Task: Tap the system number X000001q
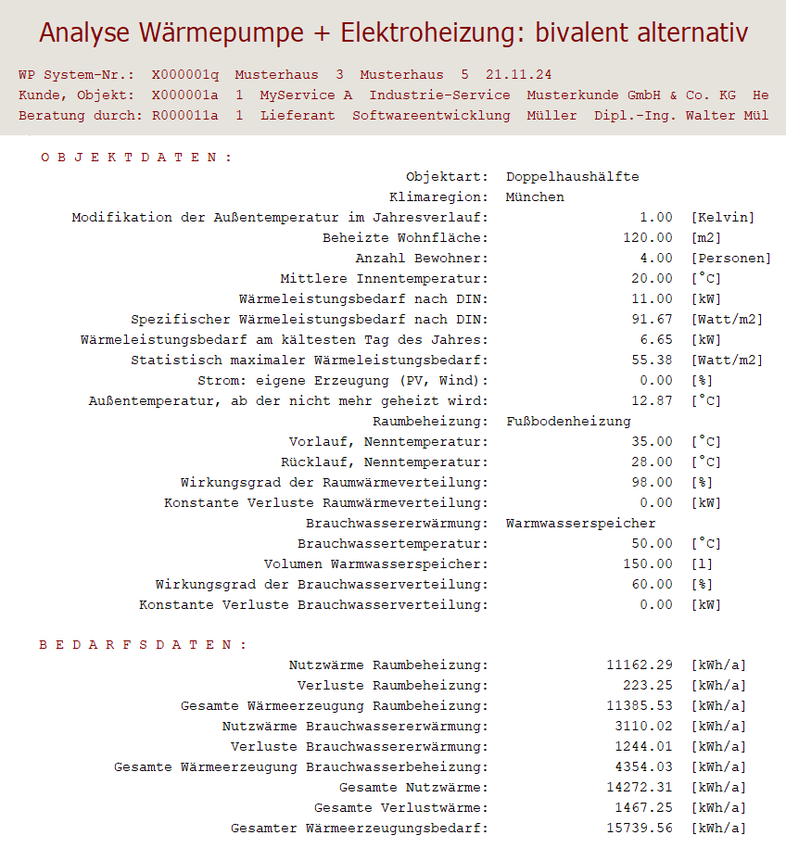184,74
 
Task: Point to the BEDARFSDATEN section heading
143,645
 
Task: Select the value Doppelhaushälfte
572,177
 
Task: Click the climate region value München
535,197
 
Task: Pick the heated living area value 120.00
648,238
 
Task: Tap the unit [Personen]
730,259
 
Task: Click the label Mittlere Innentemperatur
384,279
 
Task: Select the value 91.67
652,320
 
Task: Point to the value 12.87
652,401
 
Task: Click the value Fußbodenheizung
568,422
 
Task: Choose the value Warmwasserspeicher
580,524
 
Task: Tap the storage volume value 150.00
648,564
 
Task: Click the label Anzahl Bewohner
422,259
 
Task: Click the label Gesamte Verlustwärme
400,808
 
